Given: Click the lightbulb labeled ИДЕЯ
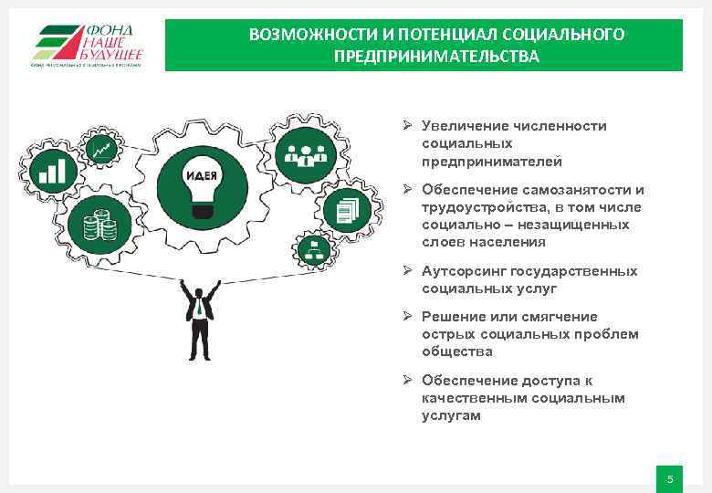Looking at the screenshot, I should tap(201, 183).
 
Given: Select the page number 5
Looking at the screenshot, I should tap(669, 479).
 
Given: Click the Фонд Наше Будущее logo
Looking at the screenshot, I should tap(89, 45).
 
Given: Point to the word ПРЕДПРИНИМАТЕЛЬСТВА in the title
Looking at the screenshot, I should tap(436, 57).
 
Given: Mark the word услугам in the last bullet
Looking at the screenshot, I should tap(450, 415).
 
